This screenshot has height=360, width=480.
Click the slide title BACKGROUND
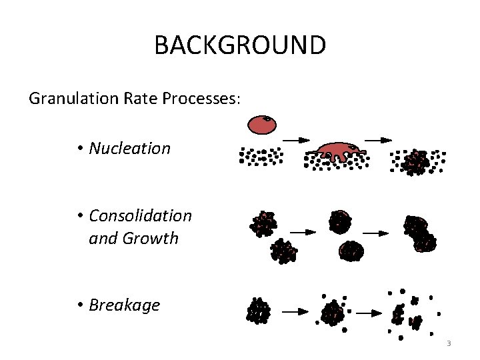[x=240, y=45]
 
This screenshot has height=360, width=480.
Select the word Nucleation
[x=129, y=148]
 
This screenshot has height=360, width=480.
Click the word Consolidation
[x=140, y=215]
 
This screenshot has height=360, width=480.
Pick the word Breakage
[x=124, y=305]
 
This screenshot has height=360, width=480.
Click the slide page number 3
[x=449, y=343]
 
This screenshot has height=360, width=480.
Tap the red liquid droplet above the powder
[x=261, y=123]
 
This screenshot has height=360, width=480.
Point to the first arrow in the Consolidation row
[x=303, y=232]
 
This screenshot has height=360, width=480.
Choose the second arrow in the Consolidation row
[x=375, y=233]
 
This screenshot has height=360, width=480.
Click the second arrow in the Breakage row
[x=368, y=311]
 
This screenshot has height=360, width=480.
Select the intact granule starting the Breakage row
[x=258, y=311]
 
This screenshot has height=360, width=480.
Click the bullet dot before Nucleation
[x=79, y=148]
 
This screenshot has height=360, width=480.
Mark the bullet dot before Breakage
[x=79, y=305]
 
